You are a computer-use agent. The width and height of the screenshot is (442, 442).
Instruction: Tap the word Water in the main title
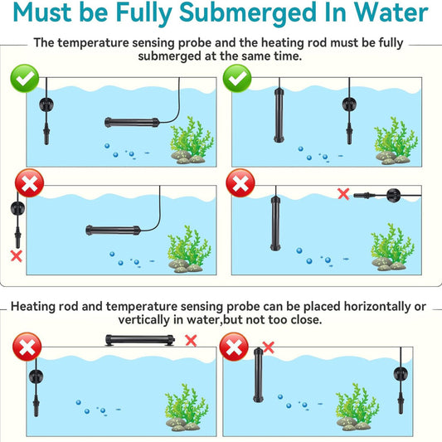point(391,12)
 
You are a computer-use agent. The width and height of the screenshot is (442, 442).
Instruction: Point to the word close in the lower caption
point(306,320)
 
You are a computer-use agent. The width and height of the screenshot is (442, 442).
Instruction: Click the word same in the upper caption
point(256,56)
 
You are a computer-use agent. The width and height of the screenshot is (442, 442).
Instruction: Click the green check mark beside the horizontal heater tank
point(25,78)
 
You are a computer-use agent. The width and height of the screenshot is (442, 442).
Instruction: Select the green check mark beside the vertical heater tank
point(237,78)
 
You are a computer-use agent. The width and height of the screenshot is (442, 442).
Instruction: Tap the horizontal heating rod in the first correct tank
point(132,123)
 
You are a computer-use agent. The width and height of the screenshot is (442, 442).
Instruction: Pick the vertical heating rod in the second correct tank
point(279,115)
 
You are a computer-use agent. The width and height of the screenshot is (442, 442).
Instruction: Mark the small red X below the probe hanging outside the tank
point(17,256)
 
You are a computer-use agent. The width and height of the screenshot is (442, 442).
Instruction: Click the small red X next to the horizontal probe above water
point(343,194)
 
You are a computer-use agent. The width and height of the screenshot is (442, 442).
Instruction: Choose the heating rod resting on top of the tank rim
point(140,340)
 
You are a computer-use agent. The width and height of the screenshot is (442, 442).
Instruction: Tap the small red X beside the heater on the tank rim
point(191,341)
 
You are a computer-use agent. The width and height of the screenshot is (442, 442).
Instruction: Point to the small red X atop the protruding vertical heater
point(268,347)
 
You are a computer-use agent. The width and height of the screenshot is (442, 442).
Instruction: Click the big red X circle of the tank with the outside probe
point(29,183)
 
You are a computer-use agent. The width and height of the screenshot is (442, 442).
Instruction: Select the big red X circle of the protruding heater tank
point(234,347)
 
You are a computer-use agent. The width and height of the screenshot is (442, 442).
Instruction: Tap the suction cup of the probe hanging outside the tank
point(17,208)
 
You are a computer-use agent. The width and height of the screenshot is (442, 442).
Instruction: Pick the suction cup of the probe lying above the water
point(394,195)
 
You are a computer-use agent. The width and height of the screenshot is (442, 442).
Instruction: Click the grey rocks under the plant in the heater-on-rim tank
point(182,425)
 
